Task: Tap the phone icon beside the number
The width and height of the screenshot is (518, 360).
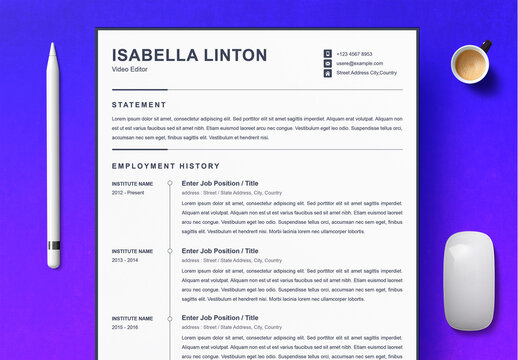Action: click(327, 53)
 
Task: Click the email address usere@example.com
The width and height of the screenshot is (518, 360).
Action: click(359, 63)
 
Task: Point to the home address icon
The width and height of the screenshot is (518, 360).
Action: click(327, 73)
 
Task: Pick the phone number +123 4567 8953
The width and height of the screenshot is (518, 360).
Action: click(354, 53)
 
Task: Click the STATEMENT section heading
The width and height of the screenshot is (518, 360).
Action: click(139, 104)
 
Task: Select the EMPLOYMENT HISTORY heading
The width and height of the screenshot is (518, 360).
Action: click(165, 166)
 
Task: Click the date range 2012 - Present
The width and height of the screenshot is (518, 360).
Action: click(128, 192)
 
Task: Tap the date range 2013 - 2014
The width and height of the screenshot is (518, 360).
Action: click(125, 259)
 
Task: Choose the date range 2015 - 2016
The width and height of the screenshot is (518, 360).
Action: click(125, 327)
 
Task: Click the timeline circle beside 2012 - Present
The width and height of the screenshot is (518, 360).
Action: click(170, 184)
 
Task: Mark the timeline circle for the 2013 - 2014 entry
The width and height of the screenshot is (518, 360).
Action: click(170, 251)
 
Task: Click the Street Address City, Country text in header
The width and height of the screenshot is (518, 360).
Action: click(366, 73)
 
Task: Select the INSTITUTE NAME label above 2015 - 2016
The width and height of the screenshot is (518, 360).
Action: click(132, 318)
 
